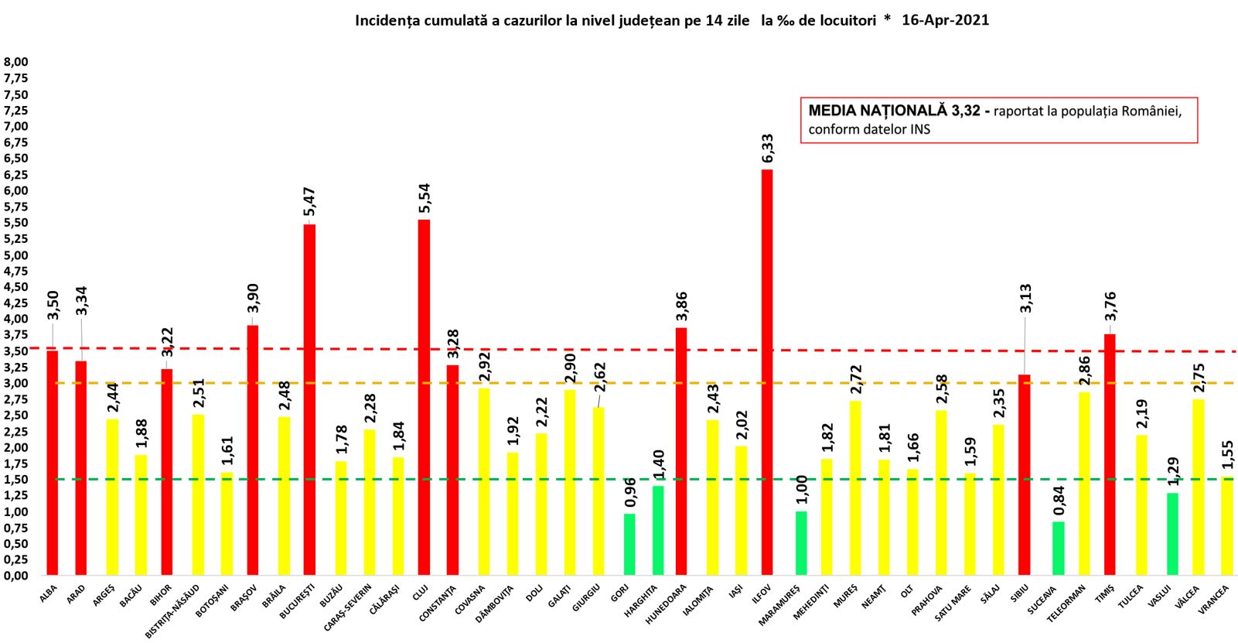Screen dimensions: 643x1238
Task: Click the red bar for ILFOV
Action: pos(767,371)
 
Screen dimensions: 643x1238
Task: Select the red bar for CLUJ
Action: pos(424,397)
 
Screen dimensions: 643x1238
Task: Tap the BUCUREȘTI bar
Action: pos(309,399)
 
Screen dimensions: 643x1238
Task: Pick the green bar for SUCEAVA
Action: pos(1058,548)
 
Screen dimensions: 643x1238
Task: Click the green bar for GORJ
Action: pos(629,544)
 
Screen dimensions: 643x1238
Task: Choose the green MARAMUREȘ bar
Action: pos(801,542)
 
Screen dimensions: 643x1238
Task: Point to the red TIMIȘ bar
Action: pos(1110,454)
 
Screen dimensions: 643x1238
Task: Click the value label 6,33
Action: pos(767,149)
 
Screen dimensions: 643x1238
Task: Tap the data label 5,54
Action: pos(424,199)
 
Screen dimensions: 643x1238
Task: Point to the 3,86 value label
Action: pos(681,306)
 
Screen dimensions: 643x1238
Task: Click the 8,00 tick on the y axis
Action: pos(16,62)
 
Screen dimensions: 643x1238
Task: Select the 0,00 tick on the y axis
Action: pos(16,576)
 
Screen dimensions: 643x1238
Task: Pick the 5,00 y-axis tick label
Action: pos(16,255)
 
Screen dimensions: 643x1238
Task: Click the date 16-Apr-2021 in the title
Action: pos(945,20)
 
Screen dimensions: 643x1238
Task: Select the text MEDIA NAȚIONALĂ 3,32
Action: pos(894,111)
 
